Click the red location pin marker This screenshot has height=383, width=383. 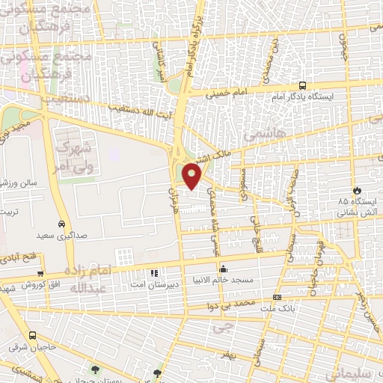coord(192,176)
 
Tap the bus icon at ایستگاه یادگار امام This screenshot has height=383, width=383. coord(302,85)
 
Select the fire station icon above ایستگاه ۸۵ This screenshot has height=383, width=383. coord(357,190)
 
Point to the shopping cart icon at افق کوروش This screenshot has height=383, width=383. coord(40,275)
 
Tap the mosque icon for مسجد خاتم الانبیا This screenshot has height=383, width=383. coord(222,269)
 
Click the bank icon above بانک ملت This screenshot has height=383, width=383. coord(277,297)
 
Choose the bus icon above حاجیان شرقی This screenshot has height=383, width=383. coord(32,336)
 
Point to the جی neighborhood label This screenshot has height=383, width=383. coord(218,328)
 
